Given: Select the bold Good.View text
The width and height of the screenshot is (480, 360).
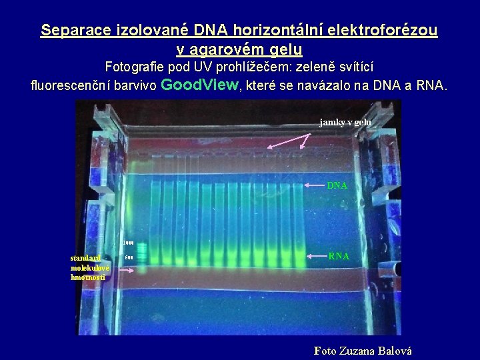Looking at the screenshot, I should point(200,85).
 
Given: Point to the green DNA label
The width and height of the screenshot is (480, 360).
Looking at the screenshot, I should point(337,185).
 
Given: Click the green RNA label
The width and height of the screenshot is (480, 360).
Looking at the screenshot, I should point(338,255).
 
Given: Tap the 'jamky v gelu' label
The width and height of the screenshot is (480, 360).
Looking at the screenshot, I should point(345,123).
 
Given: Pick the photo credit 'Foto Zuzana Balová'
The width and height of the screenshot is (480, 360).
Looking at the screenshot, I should point(363,351).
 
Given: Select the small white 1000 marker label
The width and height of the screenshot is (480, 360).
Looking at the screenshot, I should point(129,243).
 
